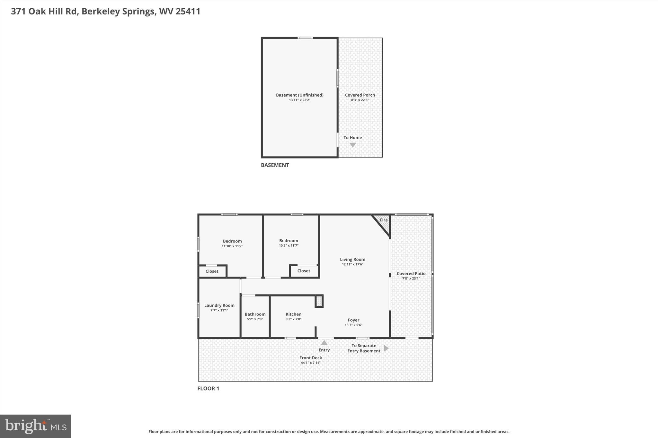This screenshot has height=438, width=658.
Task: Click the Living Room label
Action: pos(352,259)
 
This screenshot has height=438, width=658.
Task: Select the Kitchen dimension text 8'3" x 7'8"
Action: pos(293,319)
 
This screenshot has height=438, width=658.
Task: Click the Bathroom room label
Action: pos(255,314)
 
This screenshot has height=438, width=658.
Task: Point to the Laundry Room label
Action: pos(219,305)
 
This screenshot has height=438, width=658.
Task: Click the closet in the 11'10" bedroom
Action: pos(212,271)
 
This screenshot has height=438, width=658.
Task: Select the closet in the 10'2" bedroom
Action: pos(304,271)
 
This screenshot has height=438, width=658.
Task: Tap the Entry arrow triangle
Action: pos(324,343)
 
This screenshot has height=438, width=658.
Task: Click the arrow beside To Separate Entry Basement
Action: pos(386,348)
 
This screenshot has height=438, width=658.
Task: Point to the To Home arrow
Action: pos(352,145)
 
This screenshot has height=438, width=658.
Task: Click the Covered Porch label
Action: pos(360,95)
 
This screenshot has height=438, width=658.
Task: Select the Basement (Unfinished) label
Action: pos(299,95)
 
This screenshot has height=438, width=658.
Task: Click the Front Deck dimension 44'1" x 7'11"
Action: pos(310,363)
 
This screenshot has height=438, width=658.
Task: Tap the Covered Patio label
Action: pos(411,273)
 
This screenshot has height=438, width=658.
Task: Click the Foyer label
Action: pos(353,320)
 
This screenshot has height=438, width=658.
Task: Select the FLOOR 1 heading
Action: pos(208,388)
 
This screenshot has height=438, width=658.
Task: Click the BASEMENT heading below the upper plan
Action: pos(275,165)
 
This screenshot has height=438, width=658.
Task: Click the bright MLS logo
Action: pos(36,426)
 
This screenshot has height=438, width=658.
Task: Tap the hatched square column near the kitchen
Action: pos(319,301)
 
